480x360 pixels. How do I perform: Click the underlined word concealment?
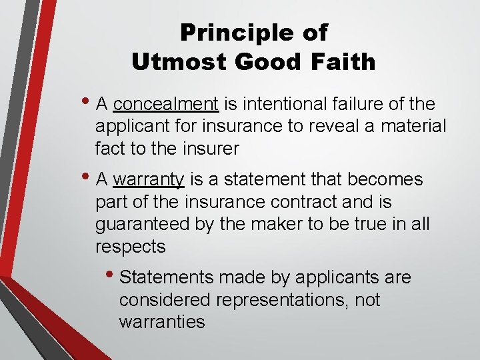coord(166,104)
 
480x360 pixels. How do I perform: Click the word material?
coord(413,126)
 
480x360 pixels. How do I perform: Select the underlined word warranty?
coord(149,179)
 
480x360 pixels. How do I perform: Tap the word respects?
coord(130,246)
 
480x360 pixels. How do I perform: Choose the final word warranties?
coord(161,321)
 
